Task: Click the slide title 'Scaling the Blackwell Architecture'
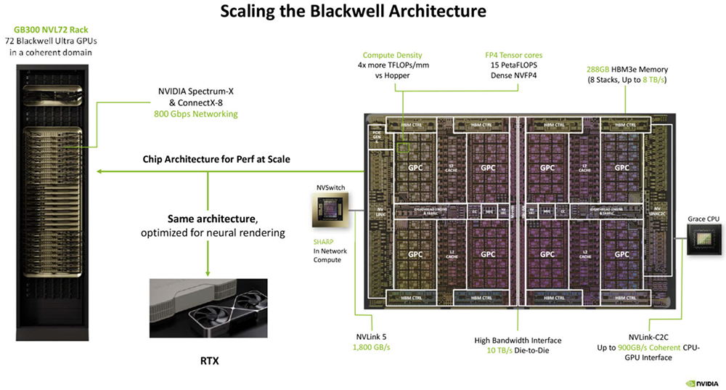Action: tap(363, 12)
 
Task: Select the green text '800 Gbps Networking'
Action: tap(195, 114)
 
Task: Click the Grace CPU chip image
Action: tap(703, 240)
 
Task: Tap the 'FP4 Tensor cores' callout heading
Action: tap(513, 55)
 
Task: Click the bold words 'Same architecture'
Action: tap(205, 218)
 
